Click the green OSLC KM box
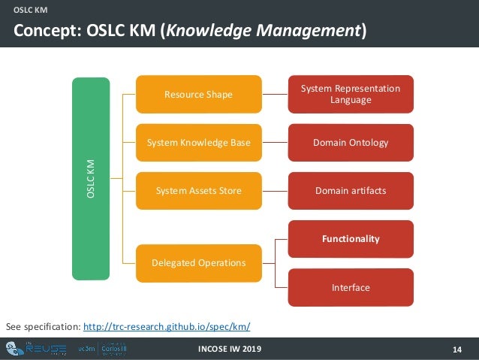click(x=91, y=177)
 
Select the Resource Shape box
click(x=199, y=94)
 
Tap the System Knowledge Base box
click(x=199, y=143)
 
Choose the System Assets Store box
click(x=199, y=191)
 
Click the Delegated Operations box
click(x=199, y=263)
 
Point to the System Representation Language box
click(x=351, y=94)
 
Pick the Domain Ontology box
click(x=351, y=143)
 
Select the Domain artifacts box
click(x=351, y=191)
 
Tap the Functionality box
click(x=351, y=239)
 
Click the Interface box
click(x=351, y=287)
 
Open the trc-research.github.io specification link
click(x=167, y=327)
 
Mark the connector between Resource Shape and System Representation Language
click(x=276, y=94)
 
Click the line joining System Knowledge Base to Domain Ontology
click(x=276, y=143)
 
